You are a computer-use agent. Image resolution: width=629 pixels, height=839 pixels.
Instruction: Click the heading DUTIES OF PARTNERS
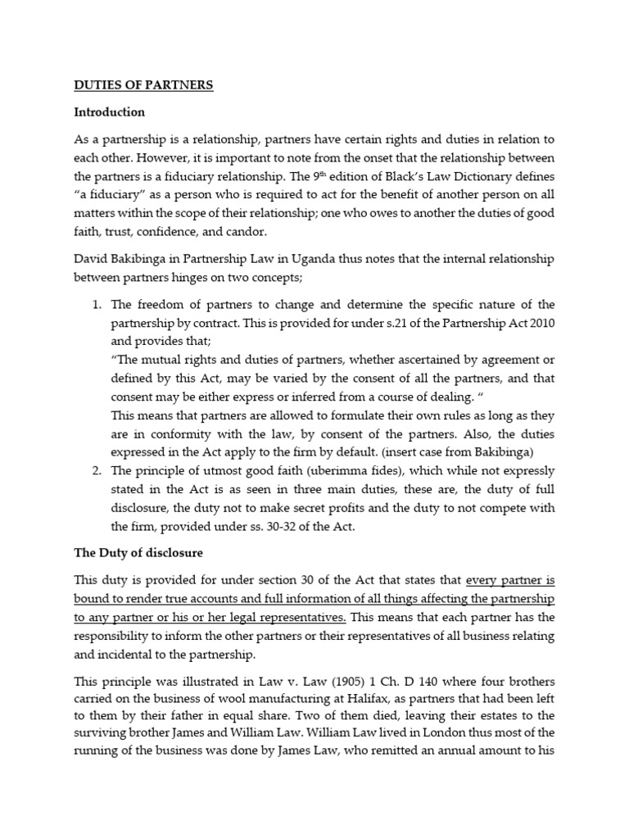pos(144,84)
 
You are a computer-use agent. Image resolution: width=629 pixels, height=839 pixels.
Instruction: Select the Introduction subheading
pos(109,111)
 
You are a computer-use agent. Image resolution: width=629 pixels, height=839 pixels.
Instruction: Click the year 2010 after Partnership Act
pos(541,324)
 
